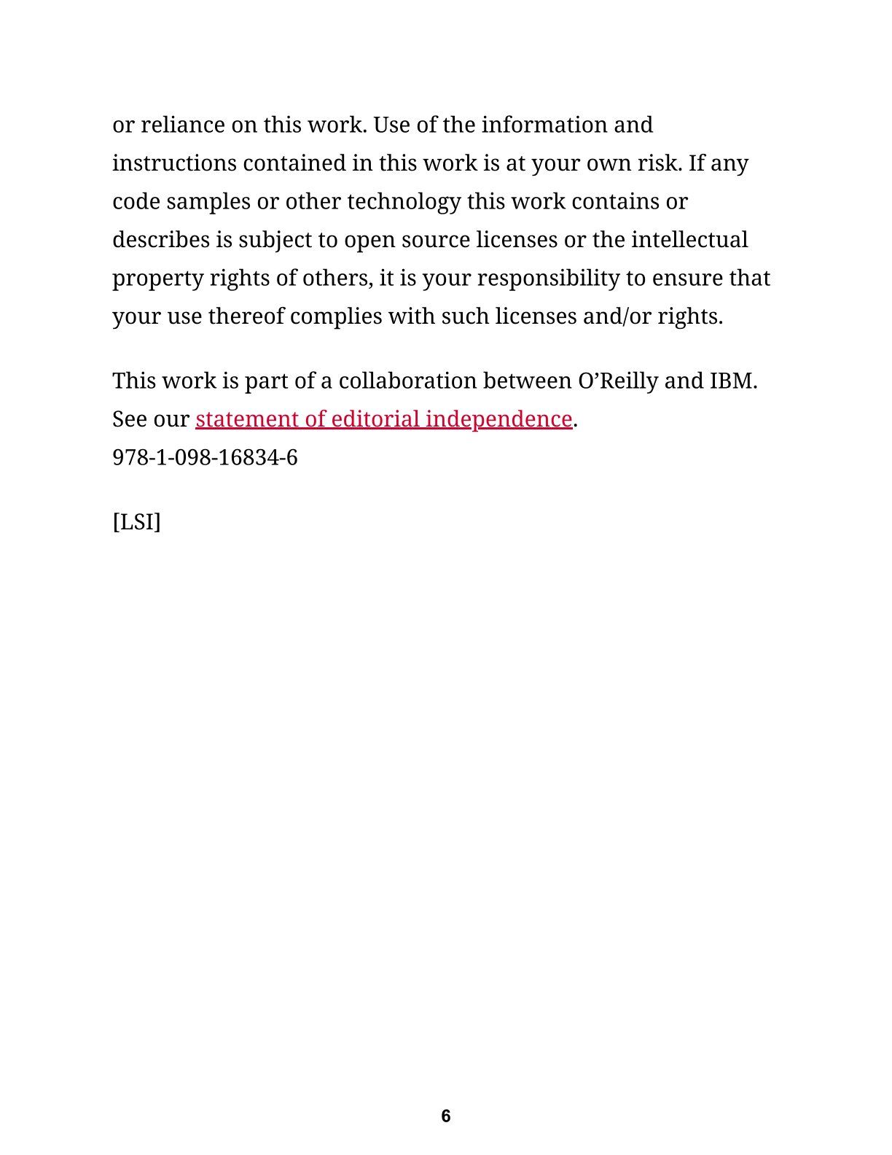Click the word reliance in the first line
[182, 125]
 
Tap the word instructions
[174, 163]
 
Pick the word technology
[404, 202]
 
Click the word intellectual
[689, 240]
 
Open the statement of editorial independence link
[383, 419]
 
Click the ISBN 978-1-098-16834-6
[205, 458]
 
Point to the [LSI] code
[136, 522]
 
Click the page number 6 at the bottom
[446, 1116]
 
